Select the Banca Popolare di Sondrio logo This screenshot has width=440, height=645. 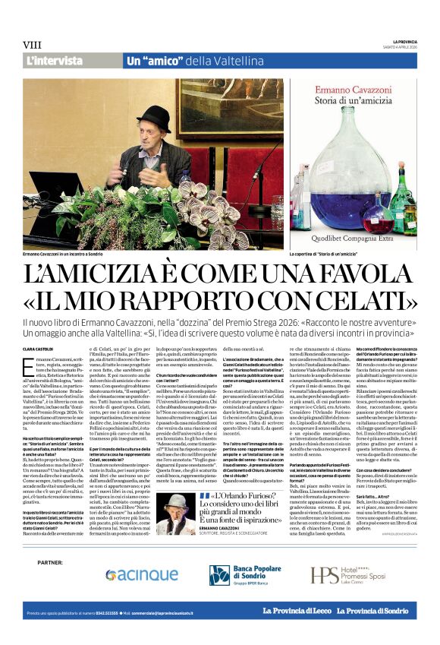244,575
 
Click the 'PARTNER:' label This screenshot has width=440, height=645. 49,562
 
